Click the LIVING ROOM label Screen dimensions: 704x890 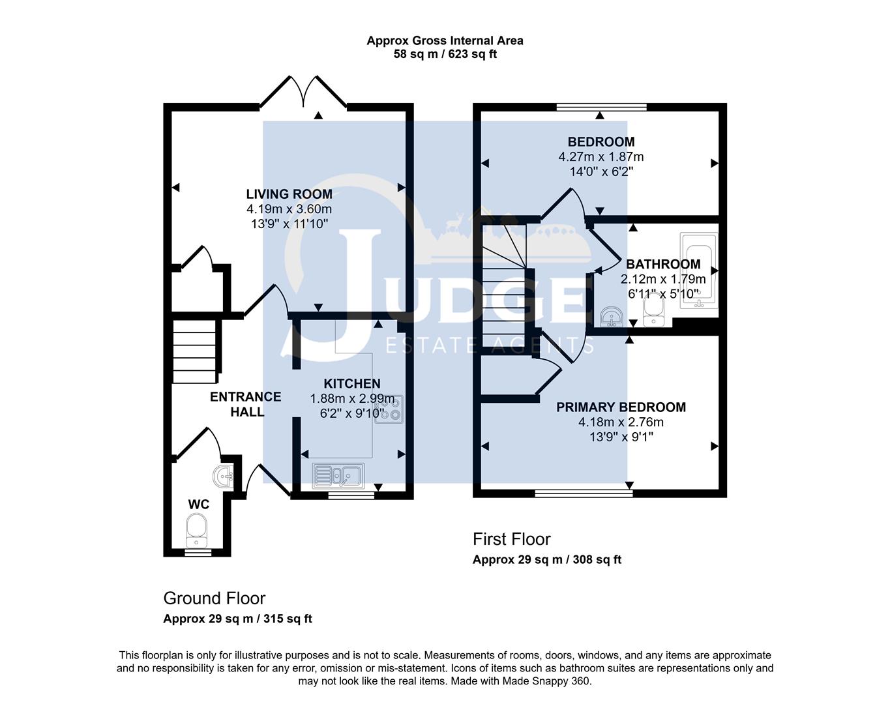click(289, 194)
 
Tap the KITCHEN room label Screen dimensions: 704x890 click(352, 383)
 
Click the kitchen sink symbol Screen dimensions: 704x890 click(338, 475)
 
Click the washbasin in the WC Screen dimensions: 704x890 click(224, 477)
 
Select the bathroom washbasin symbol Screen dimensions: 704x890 click(610, 317)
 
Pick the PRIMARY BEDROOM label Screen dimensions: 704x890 click(621, 407)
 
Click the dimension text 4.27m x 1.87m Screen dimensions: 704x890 click(601, 156)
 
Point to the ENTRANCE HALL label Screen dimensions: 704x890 click(246, 404)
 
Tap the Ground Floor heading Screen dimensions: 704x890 click(214, 598)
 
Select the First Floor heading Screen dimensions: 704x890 click(511, 539)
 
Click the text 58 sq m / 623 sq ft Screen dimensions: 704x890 click(445, 54)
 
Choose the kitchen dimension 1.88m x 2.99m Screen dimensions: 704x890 click(352, 398)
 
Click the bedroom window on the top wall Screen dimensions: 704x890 click(601, 107)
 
